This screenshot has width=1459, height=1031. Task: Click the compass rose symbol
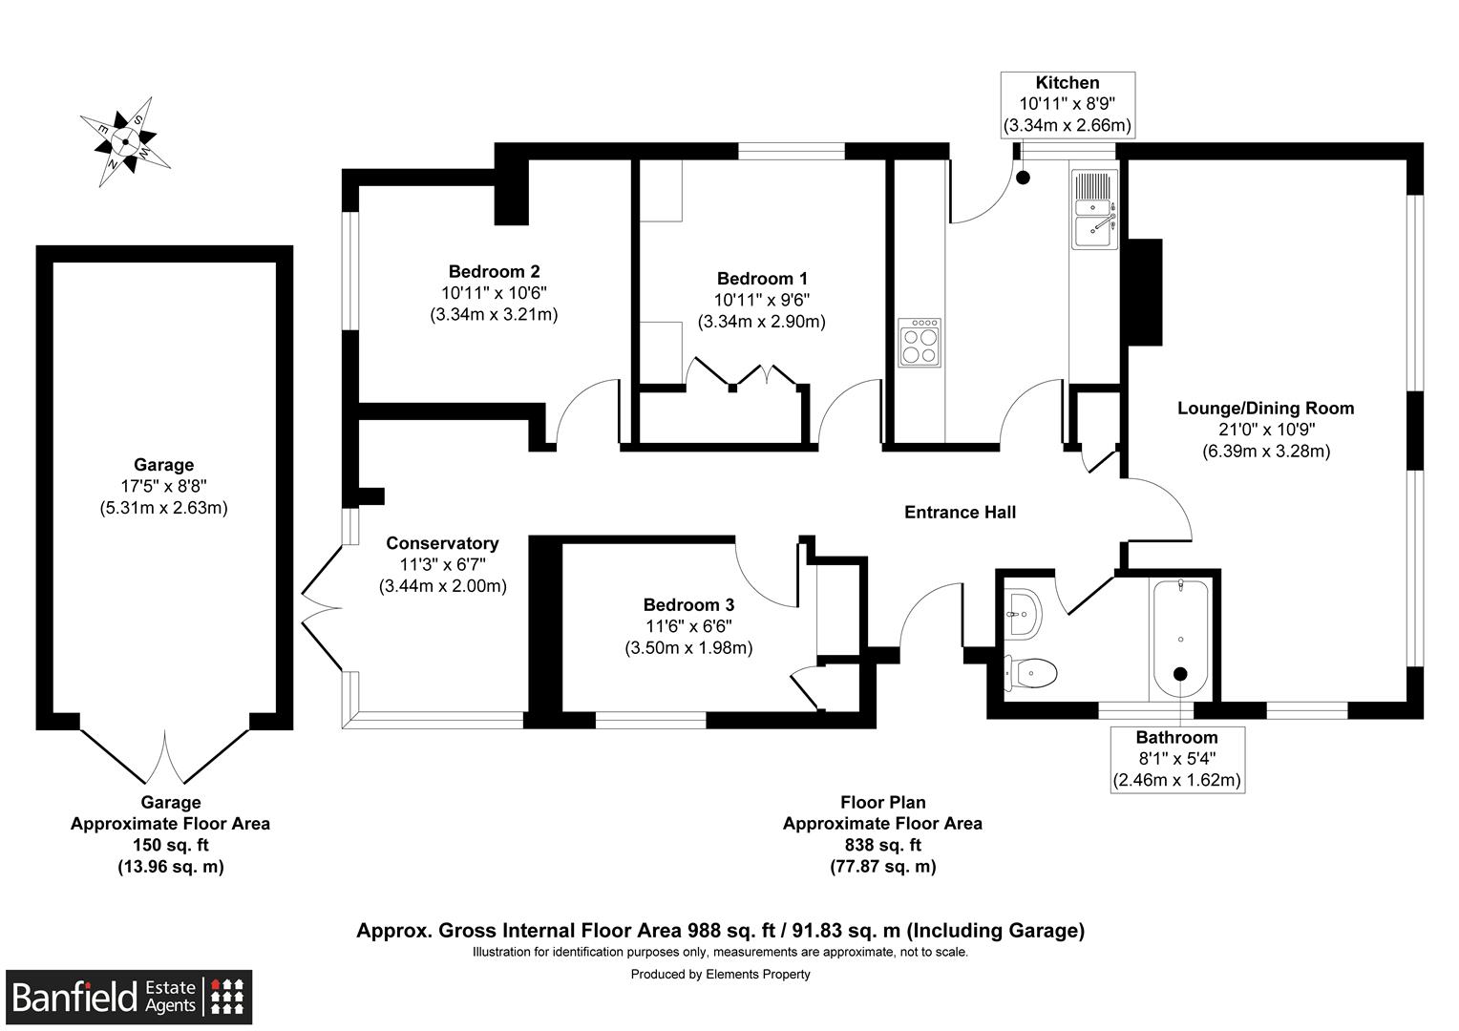coord(125,141)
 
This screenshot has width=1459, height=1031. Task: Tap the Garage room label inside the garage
coord(163,465)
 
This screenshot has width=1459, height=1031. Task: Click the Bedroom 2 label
coord(494,272)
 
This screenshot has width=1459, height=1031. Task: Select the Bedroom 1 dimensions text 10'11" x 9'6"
coord(761,301)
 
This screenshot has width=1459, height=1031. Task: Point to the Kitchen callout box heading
coord(1067,83)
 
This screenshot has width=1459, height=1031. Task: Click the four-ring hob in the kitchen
coord(920,343)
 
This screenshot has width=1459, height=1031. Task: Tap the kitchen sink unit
coord(1094,209)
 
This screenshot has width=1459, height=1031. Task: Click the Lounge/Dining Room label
coord(1265,409)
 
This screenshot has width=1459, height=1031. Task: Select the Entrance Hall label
coord(960,513)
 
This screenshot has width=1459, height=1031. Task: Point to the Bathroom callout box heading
coord(1176,737)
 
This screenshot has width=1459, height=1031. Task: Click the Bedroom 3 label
coord(688,605)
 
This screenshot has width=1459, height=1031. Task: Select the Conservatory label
coord(442,543)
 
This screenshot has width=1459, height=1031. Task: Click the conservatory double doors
coord(322,607)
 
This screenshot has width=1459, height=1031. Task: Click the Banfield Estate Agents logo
coord(129,998)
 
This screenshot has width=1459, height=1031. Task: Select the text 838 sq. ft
coord(882,845)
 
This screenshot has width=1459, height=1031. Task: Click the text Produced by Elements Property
coord(720,975)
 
